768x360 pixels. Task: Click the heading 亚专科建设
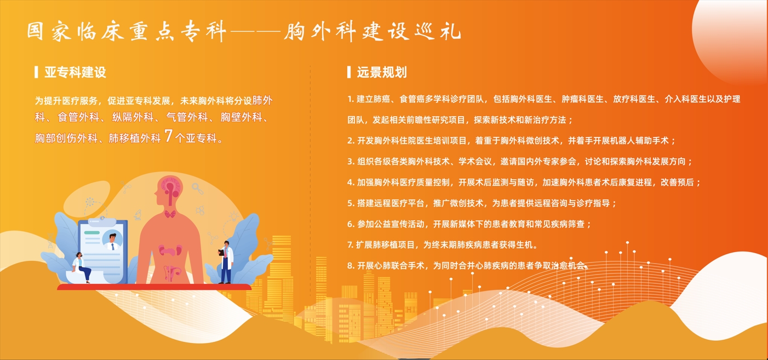pos(75,72)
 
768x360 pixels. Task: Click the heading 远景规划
pos(382,72)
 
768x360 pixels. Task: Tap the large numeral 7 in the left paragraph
pos(168,136)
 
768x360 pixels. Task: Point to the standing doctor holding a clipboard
pos(226,262)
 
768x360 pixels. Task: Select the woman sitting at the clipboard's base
pos(81,267)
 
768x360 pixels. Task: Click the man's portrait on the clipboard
pos(112,242)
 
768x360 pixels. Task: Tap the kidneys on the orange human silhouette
pos(170,250)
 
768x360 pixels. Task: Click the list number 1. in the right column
pos(351,99)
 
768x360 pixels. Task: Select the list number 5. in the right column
pos(351,203)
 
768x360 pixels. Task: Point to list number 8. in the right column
pos(351,266)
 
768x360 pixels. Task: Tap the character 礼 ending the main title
pos(452,31)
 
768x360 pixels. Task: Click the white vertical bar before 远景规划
pos(349,72)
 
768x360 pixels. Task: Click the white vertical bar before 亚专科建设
pos(36,72)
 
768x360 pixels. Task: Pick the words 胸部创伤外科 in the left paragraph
pos(66,138)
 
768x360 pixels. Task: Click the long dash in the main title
pos(255,32)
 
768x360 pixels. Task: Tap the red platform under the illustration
pos(154,287)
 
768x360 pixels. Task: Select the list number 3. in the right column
pos(351,162)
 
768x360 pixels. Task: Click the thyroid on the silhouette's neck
pos(170,214)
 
